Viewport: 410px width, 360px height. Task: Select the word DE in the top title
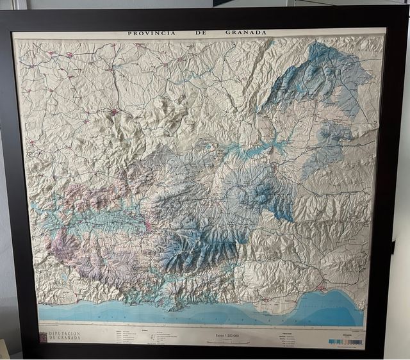pos(201,33)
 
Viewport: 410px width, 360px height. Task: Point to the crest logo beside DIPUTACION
pos(43,336)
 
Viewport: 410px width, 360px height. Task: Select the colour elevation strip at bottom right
pos(345,341)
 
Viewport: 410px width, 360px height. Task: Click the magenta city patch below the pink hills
pos(148,225)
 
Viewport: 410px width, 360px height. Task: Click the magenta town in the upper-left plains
pos(115,113)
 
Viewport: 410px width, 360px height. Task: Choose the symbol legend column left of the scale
pos(154,336)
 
